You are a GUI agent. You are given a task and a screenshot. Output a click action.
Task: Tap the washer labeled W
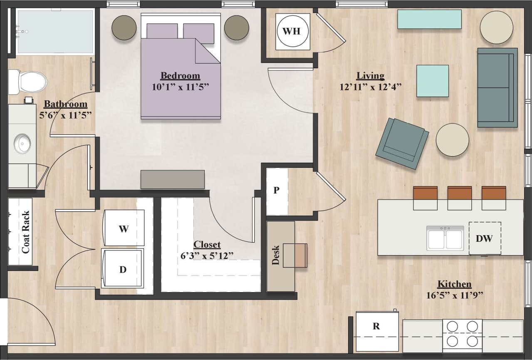coord(124,228)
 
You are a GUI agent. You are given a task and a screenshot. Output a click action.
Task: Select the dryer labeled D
coord(123,269)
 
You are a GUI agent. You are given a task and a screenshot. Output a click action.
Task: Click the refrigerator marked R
coord(376,331)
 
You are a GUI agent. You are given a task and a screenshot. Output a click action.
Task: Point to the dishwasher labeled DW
coord(485,238)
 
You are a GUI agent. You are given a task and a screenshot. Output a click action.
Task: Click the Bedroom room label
coord(180,76)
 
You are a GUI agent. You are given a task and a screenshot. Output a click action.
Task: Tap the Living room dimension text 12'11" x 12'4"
coord(370,87)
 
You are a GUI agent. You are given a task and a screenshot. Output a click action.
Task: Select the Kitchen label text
coord(454,284)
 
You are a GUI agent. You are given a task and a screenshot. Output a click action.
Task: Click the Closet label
coord(207,245)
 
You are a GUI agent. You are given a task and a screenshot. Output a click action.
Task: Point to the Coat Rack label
coord(26,232)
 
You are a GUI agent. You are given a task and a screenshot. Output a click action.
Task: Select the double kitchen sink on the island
coord(445,238)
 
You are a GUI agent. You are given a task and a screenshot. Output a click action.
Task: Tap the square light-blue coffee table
coord(433,81)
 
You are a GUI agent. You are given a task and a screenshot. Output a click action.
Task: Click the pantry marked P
coord(277,191)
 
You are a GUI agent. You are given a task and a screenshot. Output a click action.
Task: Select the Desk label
coord(275,255)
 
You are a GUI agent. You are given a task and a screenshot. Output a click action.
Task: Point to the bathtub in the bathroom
coord(55,32)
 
